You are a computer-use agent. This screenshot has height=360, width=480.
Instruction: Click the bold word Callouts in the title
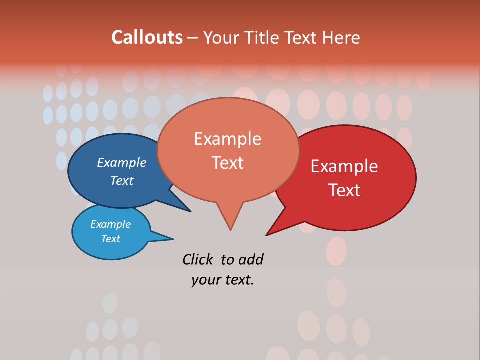pos(147,37)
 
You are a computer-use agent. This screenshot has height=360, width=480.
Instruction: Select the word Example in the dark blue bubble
pos(121,162)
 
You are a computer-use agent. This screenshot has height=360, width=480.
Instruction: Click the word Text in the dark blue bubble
pos(121,180)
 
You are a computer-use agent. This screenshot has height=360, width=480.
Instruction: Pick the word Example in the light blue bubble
pos(110,224)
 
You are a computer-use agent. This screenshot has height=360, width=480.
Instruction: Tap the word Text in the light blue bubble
pos(110,239)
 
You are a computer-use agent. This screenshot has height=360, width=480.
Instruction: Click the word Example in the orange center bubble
pos(227,139)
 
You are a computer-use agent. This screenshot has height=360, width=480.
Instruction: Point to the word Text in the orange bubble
pos(227,163)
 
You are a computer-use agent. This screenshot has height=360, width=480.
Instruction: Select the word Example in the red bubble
pos(344,166)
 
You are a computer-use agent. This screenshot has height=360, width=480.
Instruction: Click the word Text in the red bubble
pos(344,190)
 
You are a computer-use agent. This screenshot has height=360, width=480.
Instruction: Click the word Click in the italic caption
pos(198,259)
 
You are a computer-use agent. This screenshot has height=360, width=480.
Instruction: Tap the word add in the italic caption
pos(251,259)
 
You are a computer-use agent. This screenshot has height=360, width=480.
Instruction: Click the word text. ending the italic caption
pos(238,280)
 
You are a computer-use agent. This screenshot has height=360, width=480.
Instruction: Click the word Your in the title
pos(222,37)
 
